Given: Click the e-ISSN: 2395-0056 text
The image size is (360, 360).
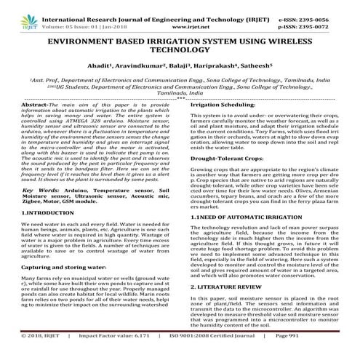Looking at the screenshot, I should point(317,5).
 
